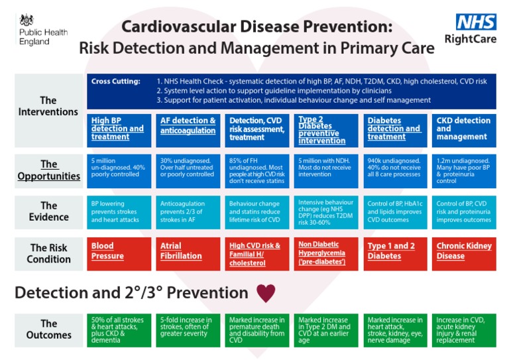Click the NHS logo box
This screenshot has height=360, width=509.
coord(476,22)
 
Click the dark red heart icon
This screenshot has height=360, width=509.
coord(266,293)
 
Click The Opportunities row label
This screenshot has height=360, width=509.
coord(48,170)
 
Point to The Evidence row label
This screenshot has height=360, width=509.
coord(48,211)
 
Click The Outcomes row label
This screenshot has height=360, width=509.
coord(48,330)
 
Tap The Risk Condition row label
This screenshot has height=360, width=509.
coord(48,254)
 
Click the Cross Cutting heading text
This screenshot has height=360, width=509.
coord(116,82)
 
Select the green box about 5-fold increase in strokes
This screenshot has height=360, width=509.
coord(188,330)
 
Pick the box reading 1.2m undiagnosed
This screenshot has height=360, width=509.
coord(464,170)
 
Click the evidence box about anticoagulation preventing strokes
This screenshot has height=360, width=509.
coord(188,211)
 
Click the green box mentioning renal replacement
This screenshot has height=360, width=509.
coord(464,330)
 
